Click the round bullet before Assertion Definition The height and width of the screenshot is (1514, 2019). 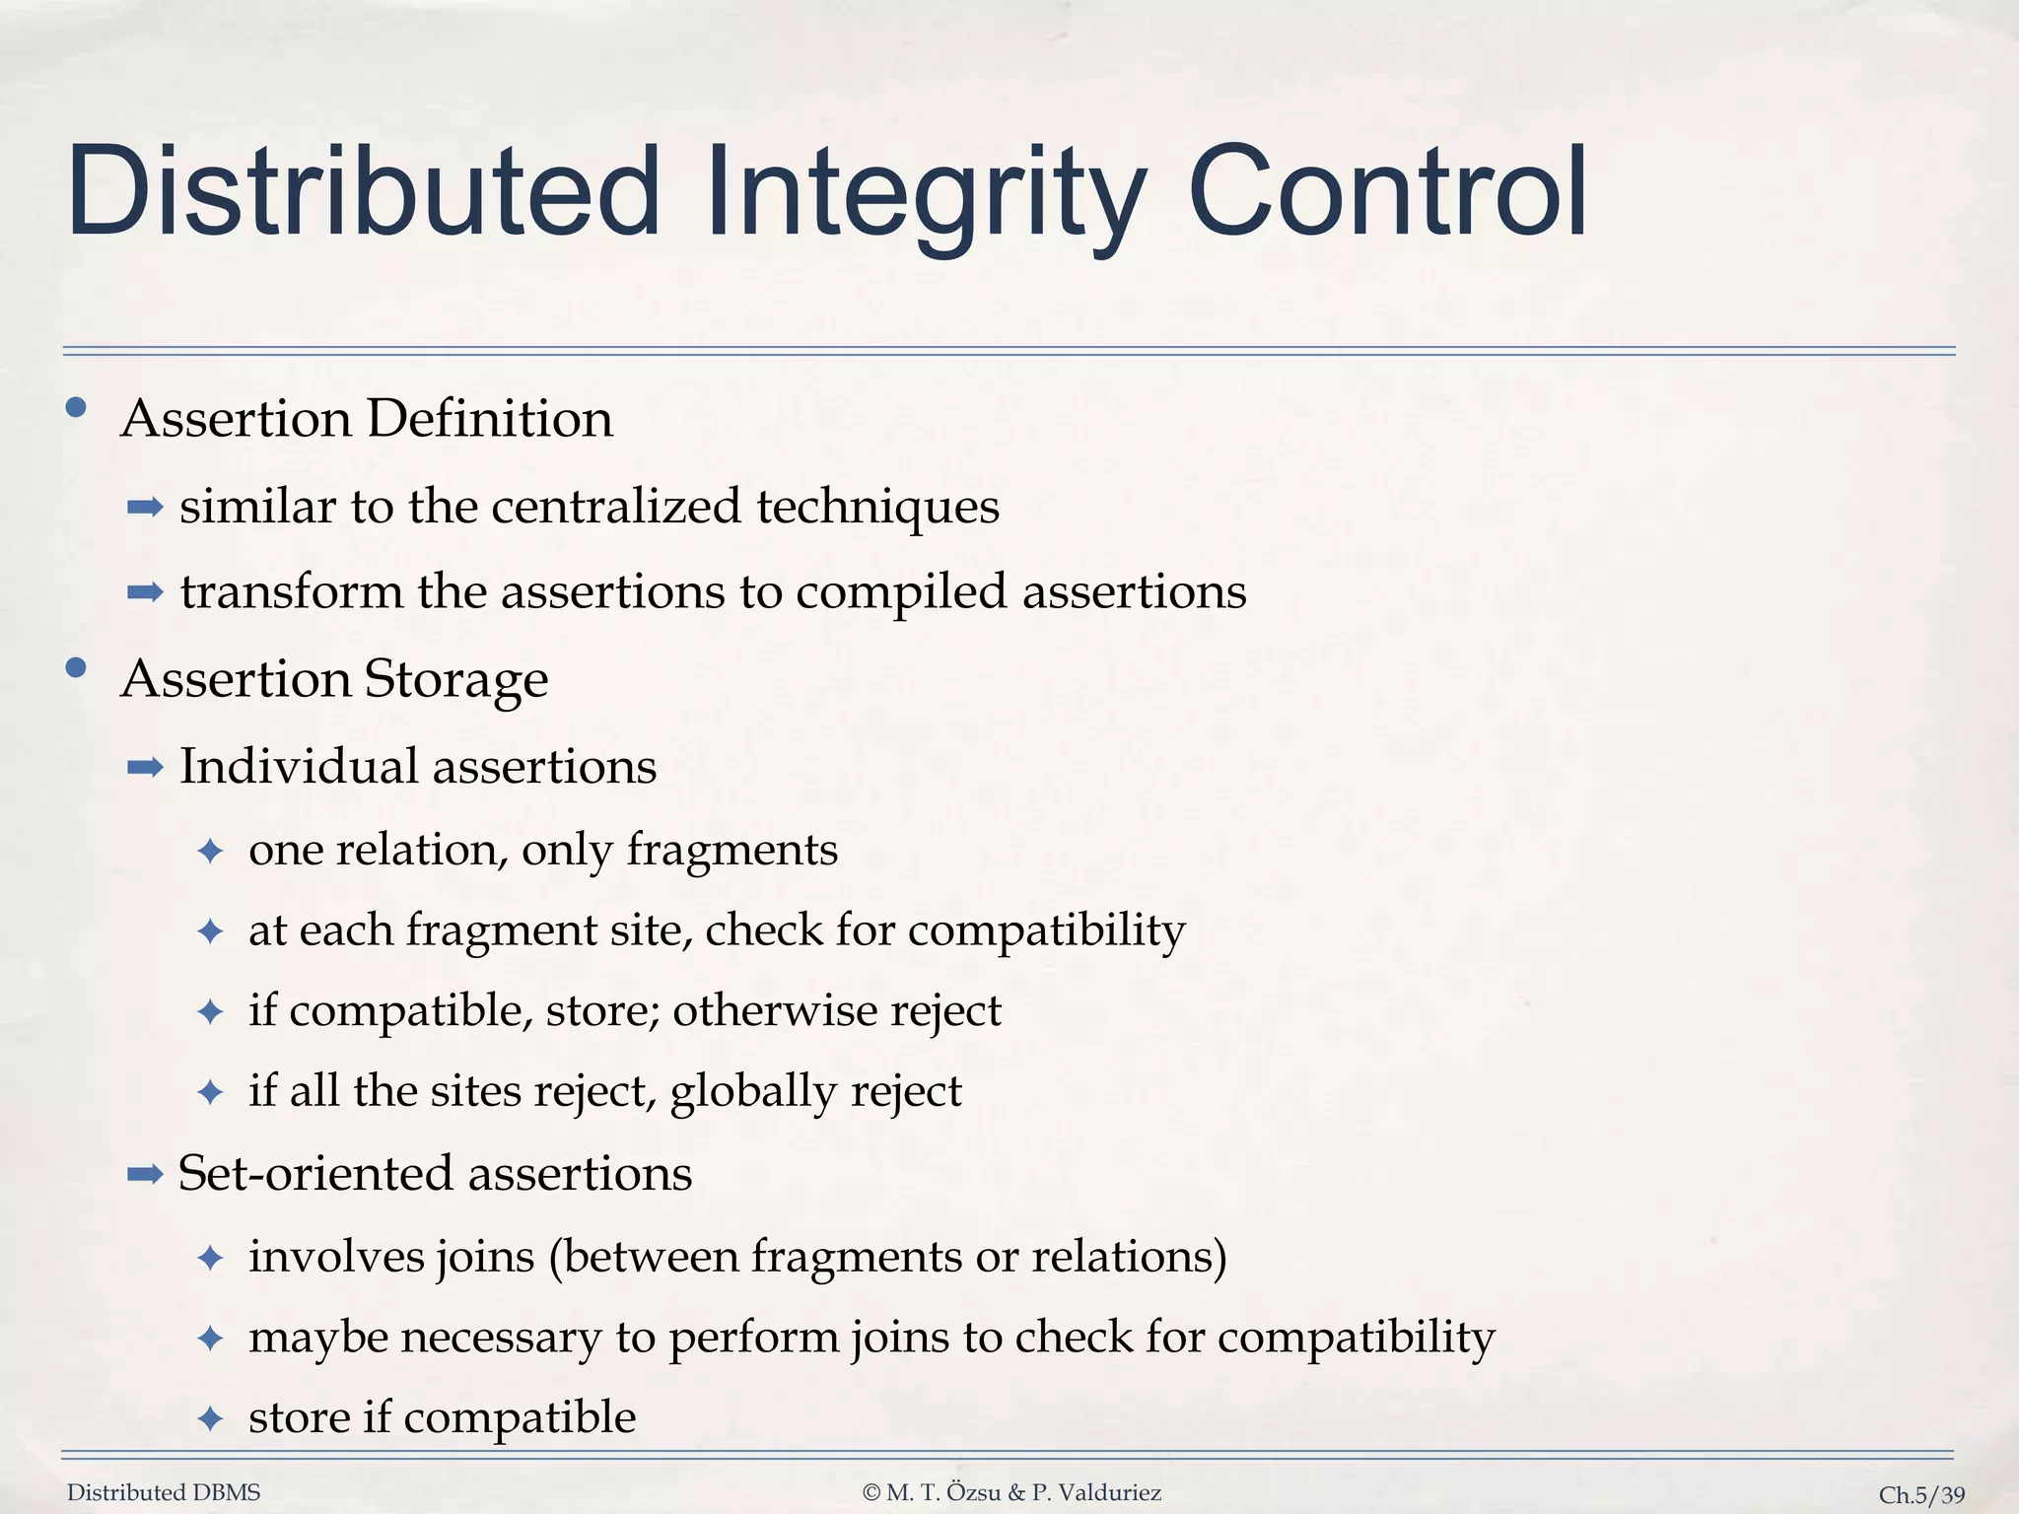tap(76, 408)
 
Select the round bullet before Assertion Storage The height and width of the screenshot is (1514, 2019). tap(76, 668)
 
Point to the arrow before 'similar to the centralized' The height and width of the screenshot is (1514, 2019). tap(144, 509)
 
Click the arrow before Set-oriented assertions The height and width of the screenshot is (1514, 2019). tap(144, 1174)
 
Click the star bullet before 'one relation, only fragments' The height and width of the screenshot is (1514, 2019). tap(211, 851)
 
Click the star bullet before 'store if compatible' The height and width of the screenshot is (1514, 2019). tap(211, 1419)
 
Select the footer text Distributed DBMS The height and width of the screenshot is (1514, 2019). tap(164, 1492)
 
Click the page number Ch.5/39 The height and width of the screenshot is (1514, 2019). tap(1921, 1495)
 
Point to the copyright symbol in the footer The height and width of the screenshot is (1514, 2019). tap(870, 1492)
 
